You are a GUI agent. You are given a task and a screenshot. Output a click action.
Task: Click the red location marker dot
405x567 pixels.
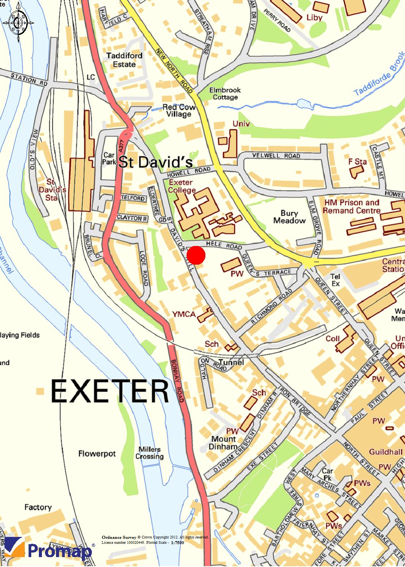(196, 255)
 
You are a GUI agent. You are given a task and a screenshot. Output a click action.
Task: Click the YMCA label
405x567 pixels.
(184, 314)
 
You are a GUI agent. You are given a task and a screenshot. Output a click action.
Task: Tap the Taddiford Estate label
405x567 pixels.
(124, 60)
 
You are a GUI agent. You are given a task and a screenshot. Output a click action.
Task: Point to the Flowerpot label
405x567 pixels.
(97, 454)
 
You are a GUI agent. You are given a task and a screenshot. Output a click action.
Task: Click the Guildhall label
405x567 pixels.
(386, 452)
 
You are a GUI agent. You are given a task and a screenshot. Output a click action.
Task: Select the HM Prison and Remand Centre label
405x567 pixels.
(352, 206)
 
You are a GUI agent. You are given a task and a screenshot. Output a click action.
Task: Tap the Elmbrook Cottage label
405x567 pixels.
(225, 94)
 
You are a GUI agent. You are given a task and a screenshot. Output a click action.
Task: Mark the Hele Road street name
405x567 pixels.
(218, 246)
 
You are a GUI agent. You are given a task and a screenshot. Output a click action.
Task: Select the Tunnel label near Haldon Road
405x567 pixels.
(231, 362)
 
